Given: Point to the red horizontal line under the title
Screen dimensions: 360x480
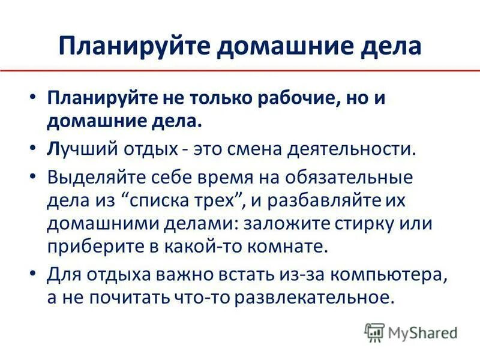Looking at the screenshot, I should tap(240, 71).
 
